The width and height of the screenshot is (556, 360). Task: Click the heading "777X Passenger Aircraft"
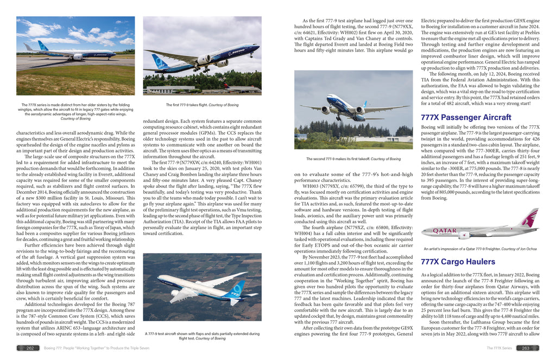[466, 117]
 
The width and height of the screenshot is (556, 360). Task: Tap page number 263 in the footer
[526, 348]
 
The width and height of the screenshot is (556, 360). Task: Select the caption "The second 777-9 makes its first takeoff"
[353, 159]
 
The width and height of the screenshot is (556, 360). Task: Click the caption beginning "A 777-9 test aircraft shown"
[202, 336]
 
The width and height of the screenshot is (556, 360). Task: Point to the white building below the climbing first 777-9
[163, 89]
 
